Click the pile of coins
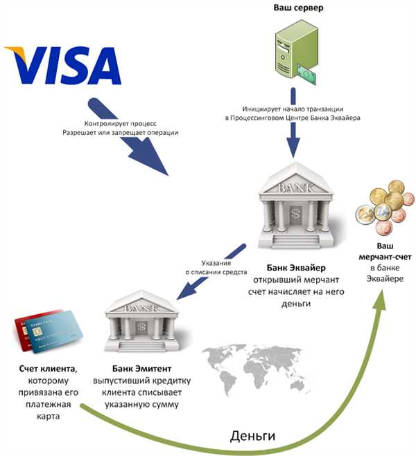pos(380,210)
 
